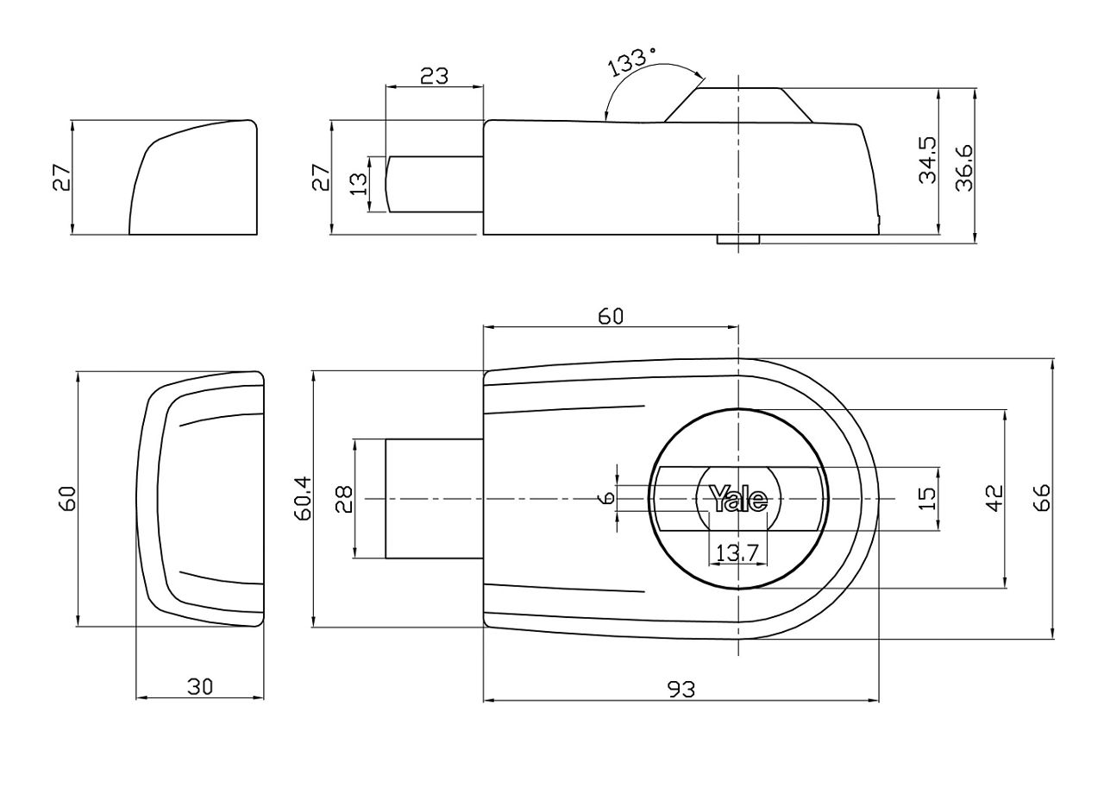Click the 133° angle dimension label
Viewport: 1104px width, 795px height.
point(633,63)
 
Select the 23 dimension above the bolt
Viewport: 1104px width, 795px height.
point(434,77)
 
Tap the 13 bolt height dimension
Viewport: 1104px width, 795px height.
point(360,184)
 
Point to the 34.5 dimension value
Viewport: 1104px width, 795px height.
point(928,161)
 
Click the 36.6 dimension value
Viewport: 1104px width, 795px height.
point(963,167)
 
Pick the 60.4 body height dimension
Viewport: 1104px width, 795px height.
point(304,498)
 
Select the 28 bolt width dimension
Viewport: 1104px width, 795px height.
point(344,499)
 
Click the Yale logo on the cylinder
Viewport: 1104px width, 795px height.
point(737,499)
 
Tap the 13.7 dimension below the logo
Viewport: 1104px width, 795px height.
point(737,552)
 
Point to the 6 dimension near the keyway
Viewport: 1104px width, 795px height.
point(608,499)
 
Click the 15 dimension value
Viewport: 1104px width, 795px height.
point(927,499)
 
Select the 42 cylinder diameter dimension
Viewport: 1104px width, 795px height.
point(995,499)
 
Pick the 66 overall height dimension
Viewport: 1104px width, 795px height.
point(1043,498)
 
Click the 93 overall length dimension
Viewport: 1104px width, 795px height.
point(681,690)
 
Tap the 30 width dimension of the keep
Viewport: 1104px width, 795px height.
point(200,686)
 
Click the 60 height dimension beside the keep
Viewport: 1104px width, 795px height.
point(67,499)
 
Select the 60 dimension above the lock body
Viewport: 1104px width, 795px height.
point(611,316)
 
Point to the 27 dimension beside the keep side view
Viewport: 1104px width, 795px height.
point(62,178)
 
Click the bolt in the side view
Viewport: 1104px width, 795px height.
point(434,184)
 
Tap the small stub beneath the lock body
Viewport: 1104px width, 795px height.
point(738,239)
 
